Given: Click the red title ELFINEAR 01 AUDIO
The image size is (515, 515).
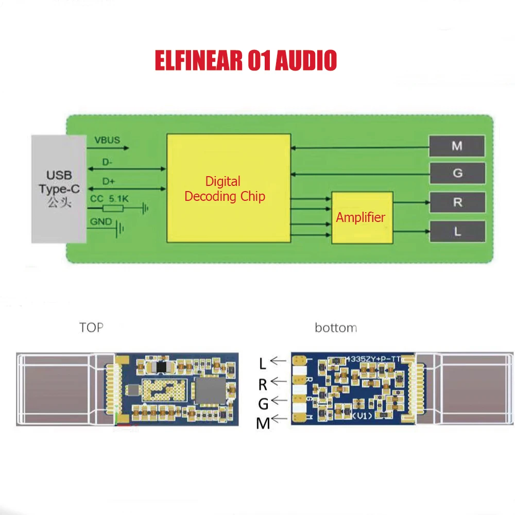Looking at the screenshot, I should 246,60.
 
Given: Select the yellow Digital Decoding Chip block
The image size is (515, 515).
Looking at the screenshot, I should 228,189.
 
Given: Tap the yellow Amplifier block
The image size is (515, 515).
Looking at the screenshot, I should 362,217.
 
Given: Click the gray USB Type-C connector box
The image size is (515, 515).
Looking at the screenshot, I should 59,189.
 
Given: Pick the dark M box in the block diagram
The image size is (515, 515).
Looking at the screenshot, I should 457,146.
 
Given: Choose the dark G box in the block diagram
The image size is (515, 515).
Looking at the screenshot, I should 457,174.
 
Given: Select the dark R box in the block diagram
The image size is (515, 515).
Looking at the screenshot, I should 457,202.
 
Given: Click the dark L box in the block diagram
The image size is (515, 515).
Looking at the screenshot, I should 457,231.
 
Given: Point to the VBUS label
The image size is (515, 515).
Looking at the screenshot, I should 107,140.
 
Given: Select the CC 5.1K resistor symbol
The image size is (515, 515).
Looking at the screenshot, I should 113,209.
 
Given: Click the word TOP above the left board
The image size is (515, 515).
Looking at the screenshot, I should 91,328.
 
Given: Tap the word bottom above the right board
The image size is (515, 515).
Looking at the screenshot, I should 336,328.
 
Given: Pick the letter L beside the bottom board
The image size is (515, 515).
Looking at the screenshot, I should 263,364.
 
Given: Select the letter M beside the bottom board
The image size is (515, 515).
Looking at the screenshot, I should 263,423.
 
